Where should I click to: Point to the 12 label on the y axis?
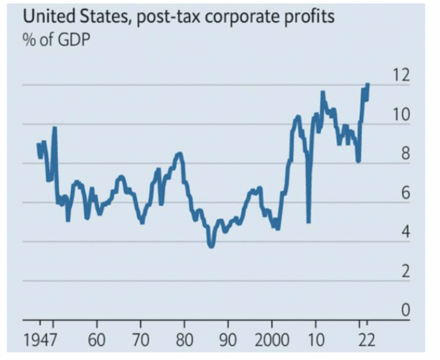click(400, 76)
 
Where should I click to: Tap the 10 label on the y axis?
click(400, 116)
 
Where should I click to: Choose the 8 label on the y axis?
click(404, 155)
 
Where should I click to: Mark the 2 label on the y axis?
click(404, 272)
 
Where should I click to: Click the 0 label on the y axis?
click(404, 311)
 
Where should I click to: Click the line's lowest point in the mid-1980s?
click(211, 246)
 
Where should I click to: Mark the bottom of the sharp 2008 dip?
click(308, 221)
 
